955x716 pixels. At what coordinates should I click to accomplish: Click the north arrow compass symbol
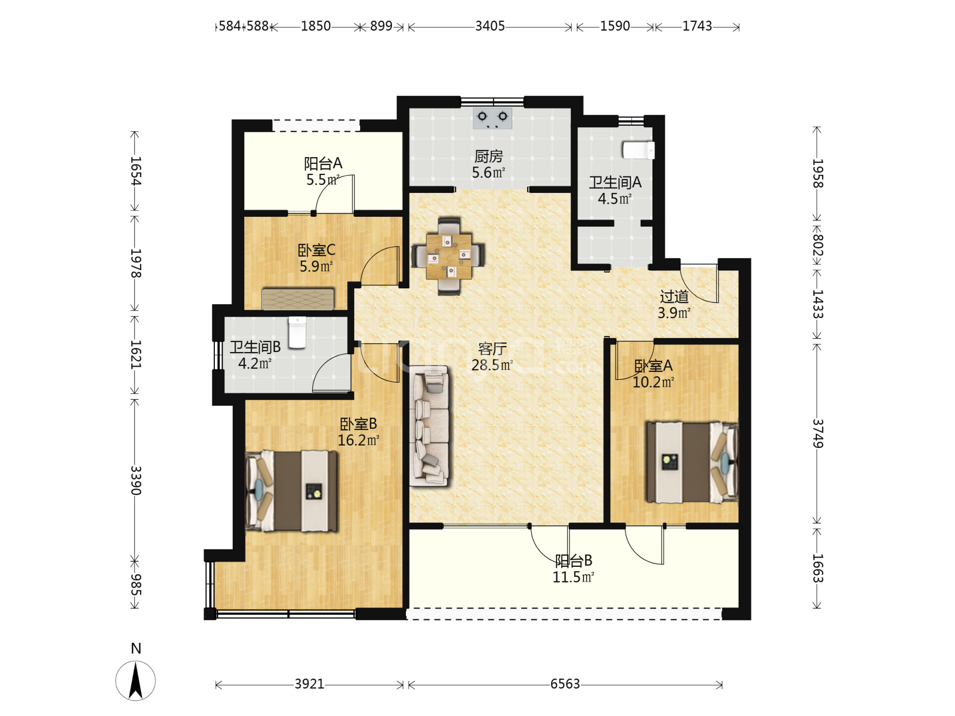click(x=135, y=680)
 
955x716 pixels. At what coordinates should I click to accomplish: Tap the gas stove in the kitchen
click(x=492, y=118)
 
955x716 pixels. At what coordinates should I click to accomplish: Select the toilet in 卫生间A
click(x=638, y=150)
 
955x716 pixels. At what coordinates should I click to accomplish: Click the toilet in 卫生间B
click(x=297, y=332)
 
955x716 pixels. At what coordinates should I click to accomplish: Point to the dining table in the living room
click(x=449, y=256)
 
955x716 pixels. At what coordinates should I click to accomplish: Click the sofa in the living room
click(x=429, y=426)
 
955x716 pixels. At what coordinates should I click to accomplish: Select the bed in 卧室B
click(x=291, y=491)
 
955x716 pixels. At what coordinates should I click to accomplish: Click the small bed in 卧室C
click(x=298, y=299)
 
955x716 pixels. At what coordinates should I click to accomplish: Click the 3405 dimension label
click(x=490, y=26)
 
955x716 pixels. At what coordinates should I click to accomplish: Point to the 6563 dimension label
click(x=565, y=684)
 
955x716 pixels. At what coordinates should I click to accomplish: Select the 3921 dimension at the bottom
click(x=309, y=684)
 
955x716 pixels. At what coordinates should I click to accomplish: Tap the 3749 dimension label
click(x=818, y=434)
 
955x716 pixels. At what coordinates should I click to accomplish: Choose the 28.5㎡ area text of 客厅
click(x=492, y=365)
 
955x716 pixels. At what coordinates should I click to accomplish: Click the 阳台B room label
click(x=573, y=561)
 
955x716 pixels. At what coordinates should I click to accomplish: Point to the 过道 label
click(x=674, y=297)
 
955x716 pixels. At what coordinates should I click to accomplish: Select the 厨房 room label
click(x=488, y=157)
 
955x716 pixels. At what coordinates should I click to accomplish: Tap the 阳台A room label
click(x=323, y=164)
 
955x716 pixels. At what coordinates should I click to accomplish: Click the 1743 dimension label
click(x=697, y=26)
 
